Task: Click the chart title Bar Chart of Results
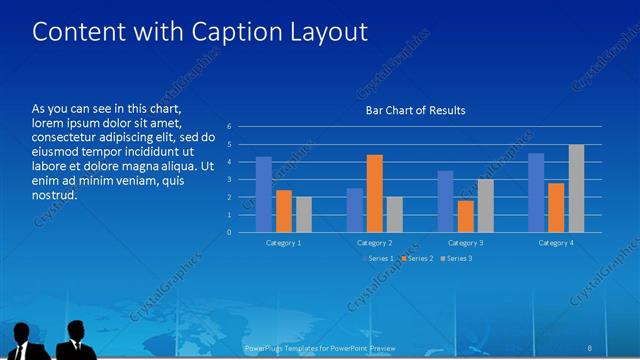click(415, 110)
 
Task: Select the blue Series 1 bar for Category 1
click(264, 194)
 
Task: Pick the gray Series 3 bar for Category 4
click(576, 188)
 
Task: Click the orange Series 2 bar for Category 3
click(466, 216)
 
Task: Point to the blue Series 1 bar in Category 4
click(536, 192)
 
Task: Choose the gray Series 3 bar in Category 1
click(304, 214)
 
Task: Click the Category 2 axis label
click(374, 243)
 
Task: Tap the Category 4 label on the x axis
click(556, 243)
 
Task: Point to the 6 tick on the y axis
click(230, 127)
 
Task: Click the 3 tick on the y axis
click(230, 180)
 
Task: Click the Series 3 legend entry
click(456, 259)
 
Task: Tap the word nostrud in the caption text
click(55, 194)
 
